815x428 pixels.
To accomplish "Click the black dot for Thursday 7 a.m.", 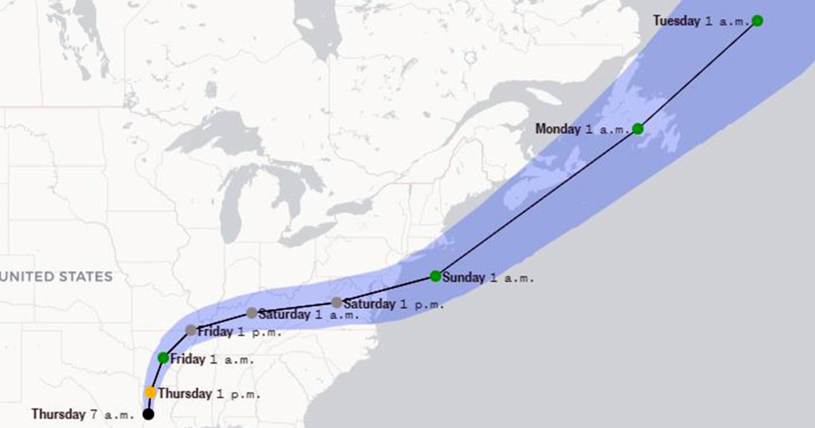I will pyautogui.click(x=148, y=414).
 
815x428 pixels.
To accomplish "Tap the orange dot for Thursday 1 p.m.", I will pyautogui.click(x=150, y=393).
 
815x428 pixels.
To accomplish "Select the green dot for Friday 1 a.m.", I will pyautogui.click(x=163, y=357).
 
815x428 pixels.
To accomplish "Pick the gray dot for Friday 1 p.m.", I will pyautogui.click(x=191, y=330).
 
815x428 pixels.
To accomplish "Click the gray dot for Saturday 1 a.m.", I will pyautogui.click(x=252, y=313).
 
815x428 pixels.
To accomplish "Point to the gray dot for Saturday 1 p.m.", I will pyautogui.click(x=337, y=302).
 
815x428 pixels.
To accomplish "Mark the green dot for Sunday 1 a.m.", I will pyautogui.click(x=435, y=276).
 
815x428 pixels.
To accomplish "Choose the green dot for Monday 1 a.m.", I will pyautogui.click(x=638, y=128).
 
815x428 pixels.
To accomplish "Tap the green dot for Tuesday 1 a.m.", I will pyautogui.click(x=757, y=20).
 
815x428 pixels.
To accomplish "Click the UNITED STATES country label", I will pyautogui.click(x=56, y=277).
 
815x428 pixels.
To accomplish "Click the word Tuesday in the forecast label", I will pyautogui.click(x=676, y=21).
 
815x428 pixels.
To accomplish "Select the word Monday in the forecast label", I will pyautogui.click(x=558, y=129).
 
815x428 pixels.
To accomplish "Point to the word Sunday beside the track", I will pyautogui.click(x=463, y=277).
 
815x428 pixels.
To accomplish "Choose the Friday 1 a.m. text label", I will pyautogui.click(x=212, y=359).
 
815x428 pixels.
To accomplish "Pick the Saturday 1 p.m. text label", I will pyautogui.click(x=393, y=304).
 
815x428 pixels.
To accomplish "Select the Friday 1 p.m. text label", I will pyautogui.click(x=239, y=332).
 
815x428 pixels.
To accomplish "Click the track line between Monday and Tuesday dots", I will pyautogui.click(x=698, y=75).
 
